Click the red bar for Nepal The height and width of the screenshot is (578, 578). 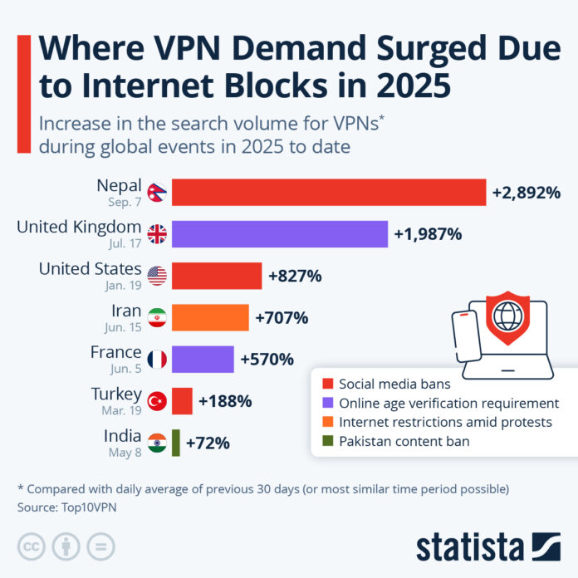click(x=328, y=192)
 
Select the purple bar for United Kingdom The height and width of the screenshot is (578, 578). click(x=279, y=234)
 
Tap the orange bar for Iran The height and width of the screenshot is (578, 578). click(x=209, y=318)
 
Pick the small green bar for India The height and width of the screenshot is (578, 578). click(x=175, y=443)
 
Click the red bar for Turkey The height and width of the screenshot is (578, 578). click(x=182, y=401)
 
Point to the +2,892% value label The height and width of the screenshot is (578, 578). click(x=526, y=193)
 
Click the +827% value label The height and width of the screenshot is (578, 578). click(x=294, y=276)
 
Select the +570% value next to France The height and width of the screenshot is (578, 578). click(x=267, y=360)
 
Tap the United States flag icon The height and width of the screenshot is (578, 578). click(x=156, y=276)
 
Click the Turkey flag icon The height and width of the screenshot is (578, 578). click(x=156, y=401)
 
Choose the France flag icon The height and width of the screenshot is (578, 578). click(x=156, y=360)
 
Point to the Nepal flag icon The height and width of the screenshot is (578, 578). click(x=156, y=193)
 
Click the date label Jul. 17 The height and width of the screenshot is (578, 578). click(x=126, y=243)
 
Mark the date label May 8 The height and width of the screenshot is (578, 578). click(x=125, y=452)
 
